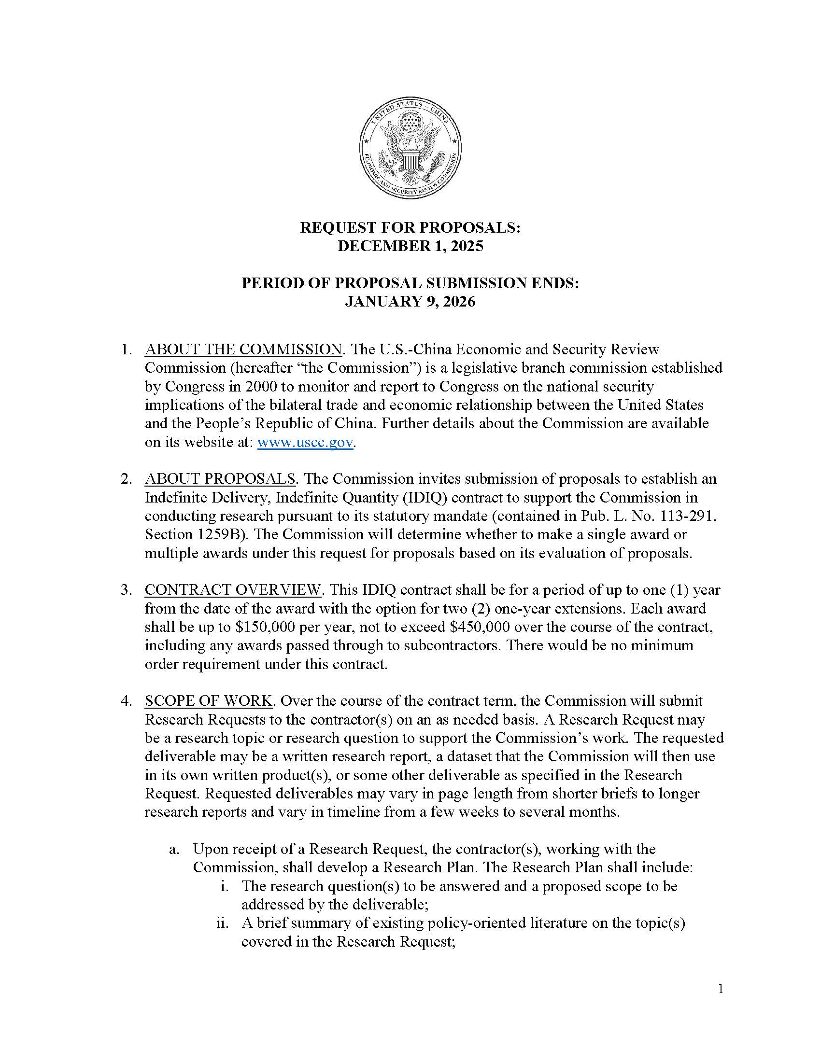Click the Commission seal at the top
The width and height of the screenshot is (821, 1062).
pyautogui.click(x=410, y=147)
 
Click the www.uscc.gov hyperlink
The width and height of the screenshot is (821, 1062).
pyautogui.click(x=305, y=442)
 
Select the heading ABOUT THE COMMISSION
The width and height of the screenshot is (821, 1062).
pyautogui.click(x=243, y=349)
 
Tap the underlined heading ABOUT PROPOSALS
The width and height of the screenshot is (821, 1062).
pyautogui.click(x=220, y=478)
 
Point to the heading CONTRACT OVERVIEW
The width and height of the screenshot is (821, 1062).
pyautogui.click(x=232, y=589)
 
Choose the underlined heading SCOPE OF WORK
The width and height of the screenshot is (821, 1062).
pyautogui.click(x=208, y=701)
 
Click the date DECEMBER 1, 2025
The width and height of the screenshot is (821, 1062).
pyautogui.click(x=410, y=246)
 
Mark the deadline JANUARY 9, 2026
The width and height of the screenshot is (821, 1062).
pyautogui.click(x=410, y=302)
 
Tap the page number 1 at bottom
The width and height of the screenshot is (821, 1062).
pyautogui.click(x=721, y=989)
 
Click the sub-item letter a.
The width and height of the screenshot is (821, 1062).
pyautogui.click(x=174, y=849)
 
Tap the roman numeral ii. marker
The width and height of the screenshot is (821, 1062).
pyautogui.click(x=222, y=923)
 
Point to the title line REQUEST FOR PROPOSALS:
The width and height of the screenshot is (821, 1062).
pyautogui.click(x=410, y=227)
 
